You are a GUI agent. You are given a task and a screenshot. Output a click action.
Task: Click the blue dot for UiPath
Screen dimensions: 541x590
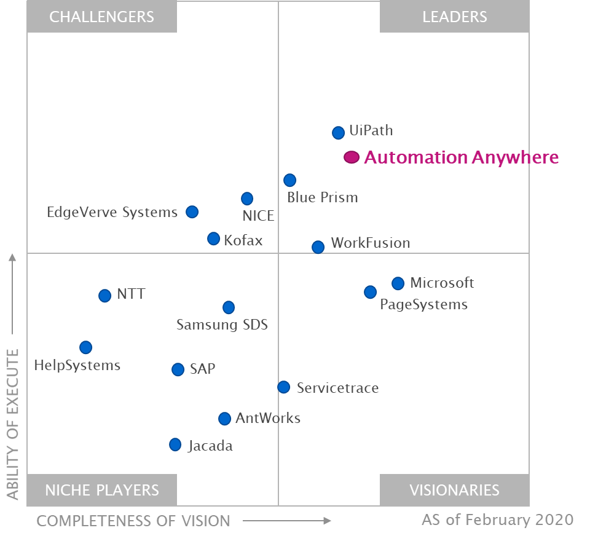click(338, 132)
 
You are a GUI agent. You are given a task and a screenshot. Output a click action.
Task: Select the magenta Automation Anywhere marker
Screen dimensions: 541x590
click(351, 157)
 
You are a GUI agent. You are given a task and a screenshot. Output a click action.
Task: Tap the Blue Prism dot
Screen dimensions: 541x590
click(289, 180)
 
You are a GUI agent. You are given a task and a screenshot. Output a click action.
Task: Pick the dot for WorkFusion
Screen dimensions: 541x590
click(318, 247)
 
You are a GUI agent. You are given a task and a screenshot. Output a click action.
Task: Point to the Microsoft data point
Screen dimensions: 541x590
click(398, 283)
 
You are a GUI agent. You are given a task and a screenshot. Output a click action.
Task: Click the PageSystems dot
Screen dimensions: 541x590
click(370, 292)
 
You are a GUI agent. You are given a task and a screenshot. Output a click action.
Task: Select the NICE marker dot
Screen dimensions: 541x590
click(246, 199)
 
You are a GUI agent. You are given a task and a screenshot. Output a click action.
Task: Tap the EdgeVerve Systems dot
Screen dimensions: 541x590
click(192, 212)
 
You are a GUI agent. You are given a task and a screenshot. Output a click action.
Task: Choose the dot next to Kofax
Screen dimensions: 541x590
click(213, 239)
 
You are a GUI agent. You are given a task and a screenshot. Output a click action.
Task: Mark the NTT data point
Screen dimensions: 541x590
click(104, 296)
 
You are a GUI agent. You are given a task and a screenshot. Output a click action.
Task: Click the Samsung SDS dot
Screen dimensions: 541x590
click(228, 307)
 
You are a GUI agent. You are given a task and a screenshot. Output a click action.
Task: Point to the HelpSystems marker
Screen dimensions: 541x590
click(85, 347)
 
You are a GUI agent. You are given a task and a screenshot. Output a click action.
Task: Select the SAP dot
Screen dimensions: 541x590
click(178, 369)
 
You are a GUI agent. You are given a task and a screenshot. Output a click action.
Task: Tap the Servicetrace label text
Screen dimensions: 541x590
click(337, 388)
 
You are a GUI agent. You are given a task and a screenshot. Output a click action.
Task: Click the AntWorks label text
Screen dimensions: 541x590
click(268, 419)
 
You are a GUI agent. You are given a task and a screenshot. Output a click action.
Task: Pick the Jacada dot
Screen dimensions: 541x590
click(175, 444)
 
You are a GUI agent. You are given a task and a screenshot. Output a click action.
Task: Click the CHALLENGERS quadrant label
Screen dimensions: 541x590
click(102, 17)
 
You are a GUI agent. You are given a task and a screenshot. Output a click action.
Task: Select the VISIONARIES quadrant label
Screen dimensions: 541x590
click(454, 490)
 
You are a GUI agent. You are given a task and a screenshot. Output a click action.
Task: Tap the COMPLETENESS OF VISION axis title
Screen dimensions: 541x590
click(133, 521)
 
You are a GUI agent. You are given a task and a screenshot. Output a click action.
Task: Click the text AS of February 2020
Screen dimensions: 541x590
click(497, 520)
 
